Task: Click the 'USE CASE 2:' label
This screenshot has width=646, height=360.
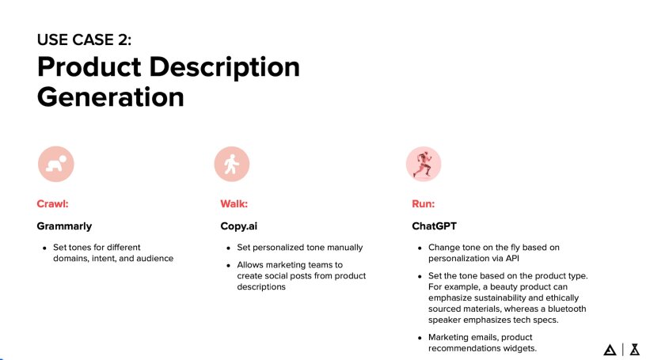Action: (x=84, y=40)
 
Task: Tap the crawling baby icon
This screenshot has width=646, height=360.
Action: (x=55, y=164)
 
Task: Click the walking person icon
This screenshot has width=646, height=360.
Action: (x=231, y=164)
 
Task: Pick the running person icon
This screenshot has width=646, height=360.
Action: (x=423, y=164)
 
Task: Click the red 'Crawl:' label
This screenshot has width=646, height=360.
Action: (x=53, y=204)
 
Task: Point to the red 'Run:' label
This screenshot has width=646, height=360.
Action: (x=424, y=204)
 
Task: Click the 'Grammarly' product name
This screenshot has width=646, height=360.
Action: (x=65, y=225)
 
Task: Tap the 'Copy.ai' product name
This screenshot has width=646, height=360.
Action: (x=239, y=225)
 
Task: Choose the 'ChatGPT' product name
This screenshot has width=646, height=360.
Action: (x=435, y=225)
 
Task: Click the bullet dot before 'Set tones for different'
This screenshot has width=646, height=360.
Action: (x=44, y=248)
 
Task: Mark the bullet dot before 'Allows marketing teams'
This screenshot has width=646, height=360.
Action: (x=228, y=264)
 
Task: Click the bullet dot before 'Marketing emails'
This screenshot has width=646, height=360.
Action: (x=420, y=338)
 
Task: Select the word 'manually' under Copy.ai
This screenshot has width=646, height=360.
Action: (x=344, y=247)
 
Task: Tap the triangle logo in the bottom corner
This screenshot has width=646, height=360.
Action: (x=610, y=349)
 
